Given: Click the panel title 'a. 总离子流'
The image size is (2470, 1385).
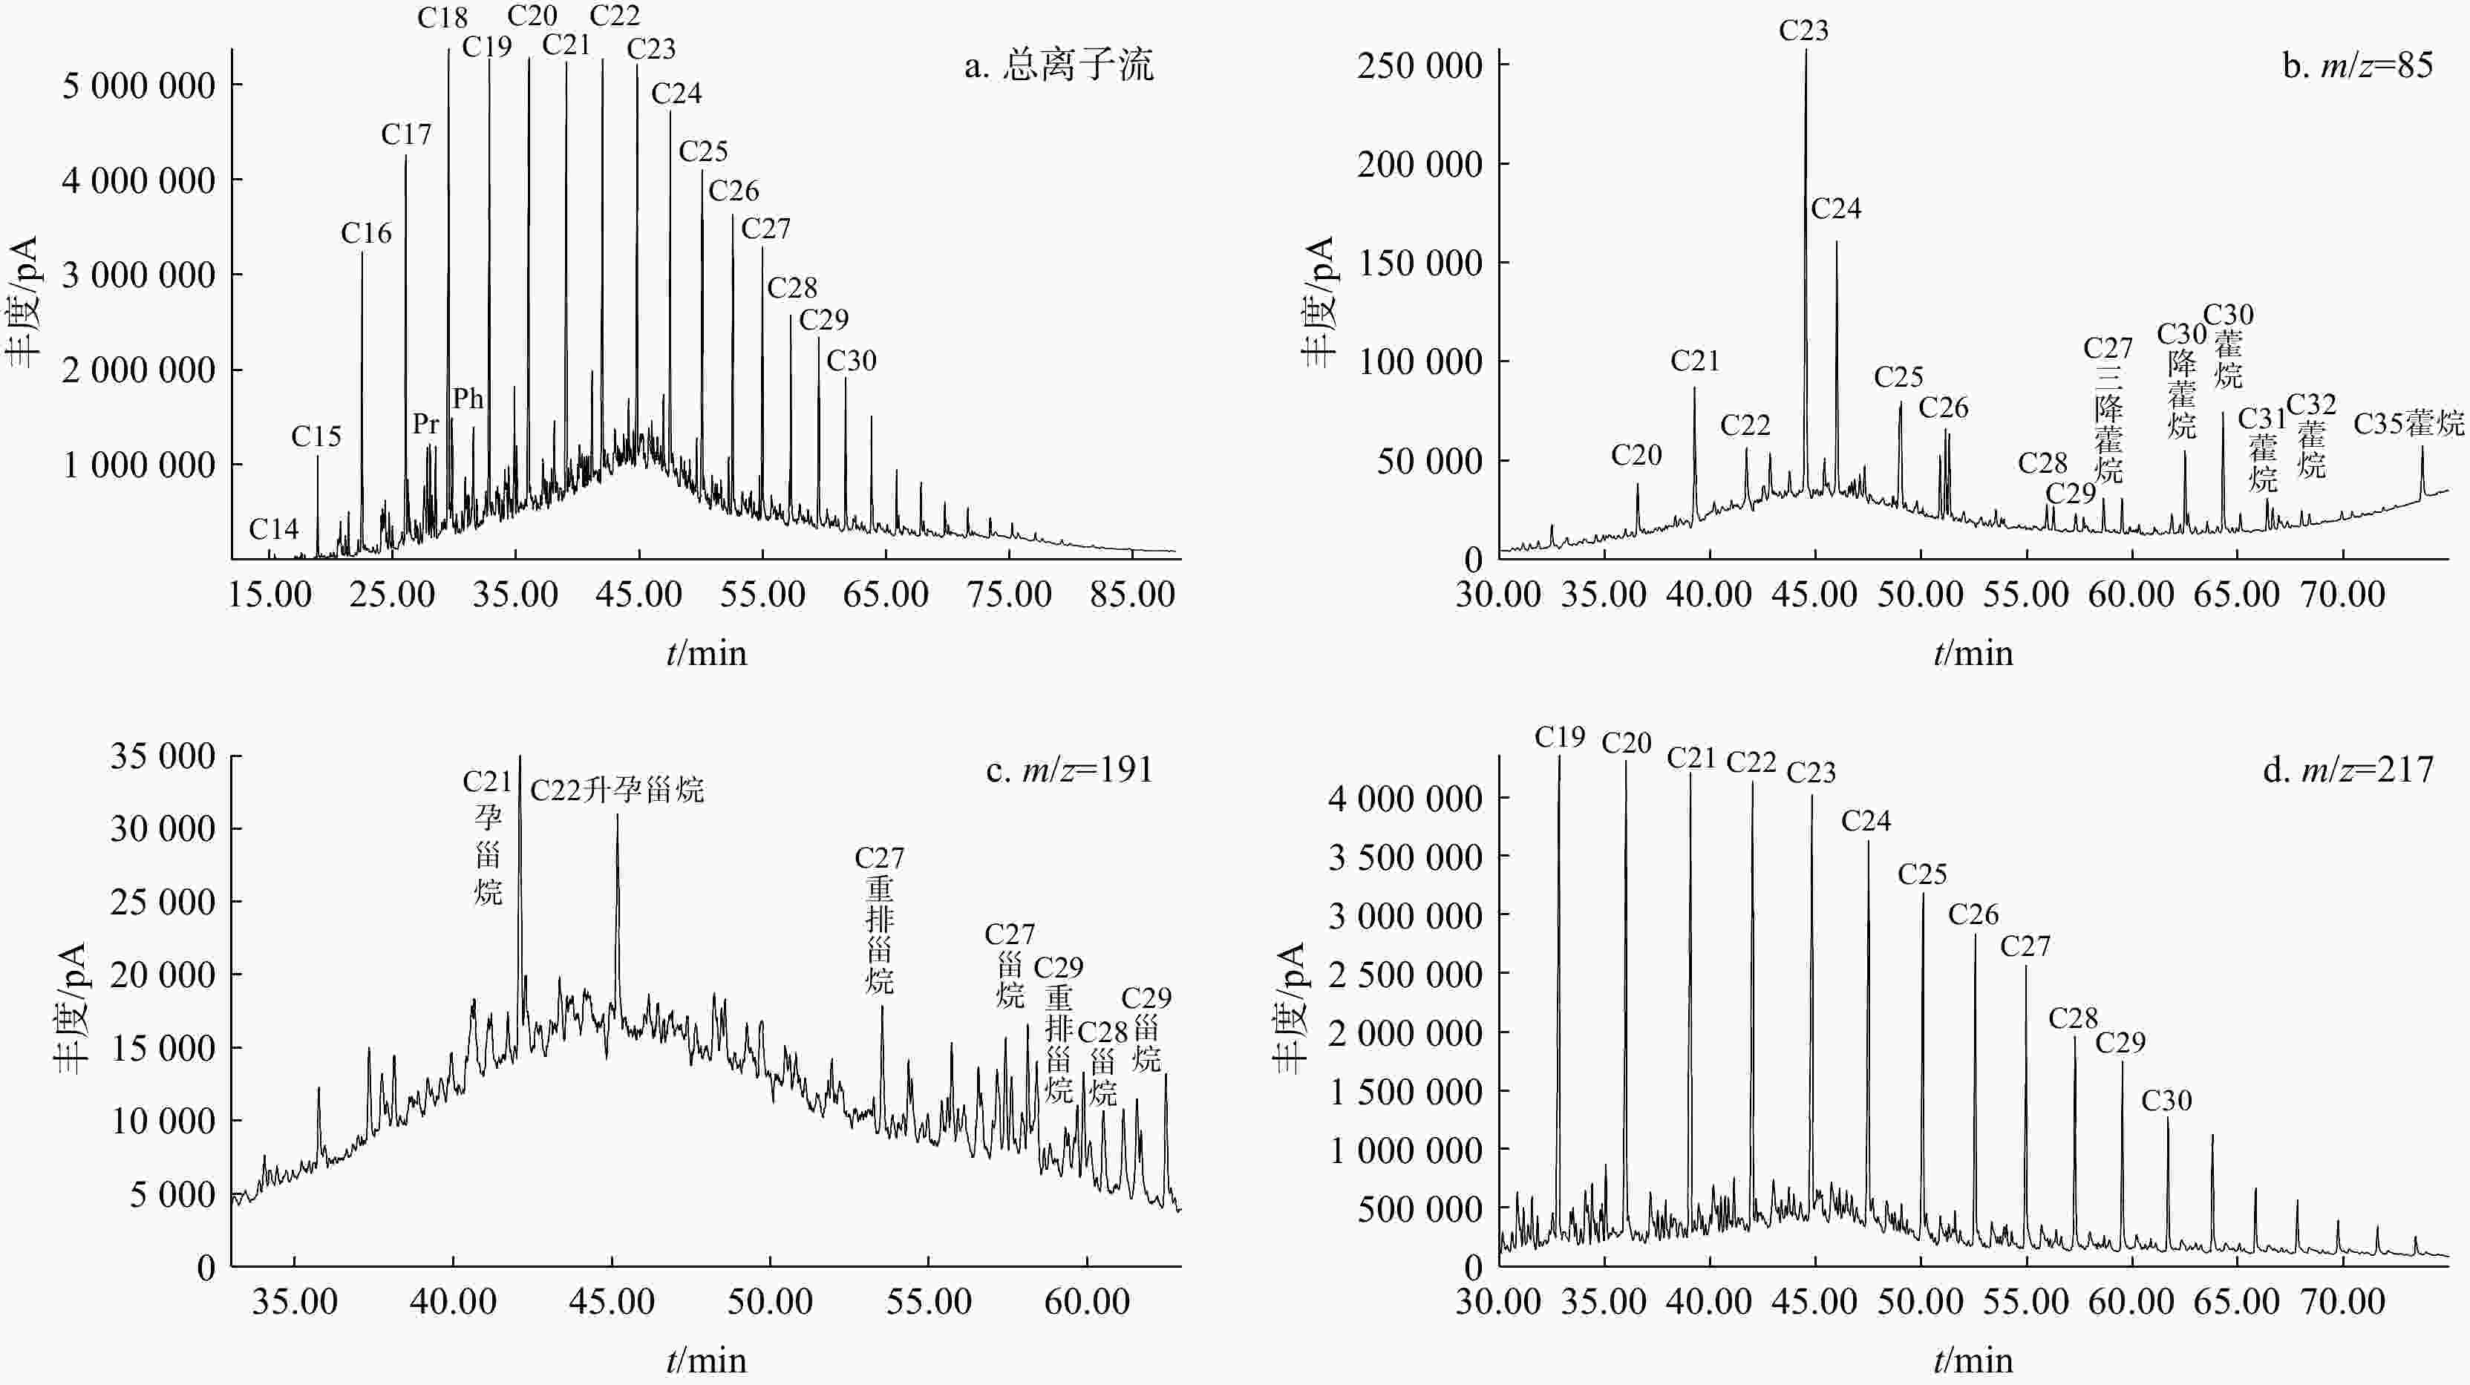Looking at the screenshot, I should tap(1059, 65).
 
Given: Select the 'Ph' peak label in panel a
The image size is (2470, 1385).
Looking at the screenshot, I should tap(468, 398).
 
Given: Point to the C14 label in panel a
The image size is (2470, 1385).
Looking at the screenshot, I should tap(273, 528).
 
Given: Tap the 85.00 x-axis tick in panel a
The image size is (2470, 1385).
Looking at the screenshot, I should tap(1131, 595).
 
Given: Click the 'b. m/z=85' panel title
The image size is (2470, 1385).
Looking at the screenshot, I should tap(2358, 65).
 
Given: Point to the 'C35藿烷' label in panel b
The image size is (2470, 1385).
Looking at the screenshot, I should tap(2408, 422).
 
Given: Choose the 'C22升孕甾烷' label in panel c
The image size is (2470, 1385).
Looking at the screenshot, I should tap(616, 790).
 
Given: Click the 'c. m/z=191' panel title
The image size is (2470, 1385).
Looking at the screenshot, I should tap(1069, 770).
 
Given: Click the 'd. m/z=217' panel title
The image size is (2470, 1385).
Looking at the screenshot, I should tap(2348, 770).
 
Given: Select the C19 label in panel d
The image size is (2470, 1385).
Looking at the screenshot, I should tap(1559, 737).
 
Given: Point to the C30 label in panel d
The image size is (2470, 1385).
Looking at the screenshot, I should tap(2166, 1100).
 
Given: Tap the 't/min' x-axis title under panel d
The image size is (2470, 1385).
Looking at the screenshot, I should tap(1973, 1360).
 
